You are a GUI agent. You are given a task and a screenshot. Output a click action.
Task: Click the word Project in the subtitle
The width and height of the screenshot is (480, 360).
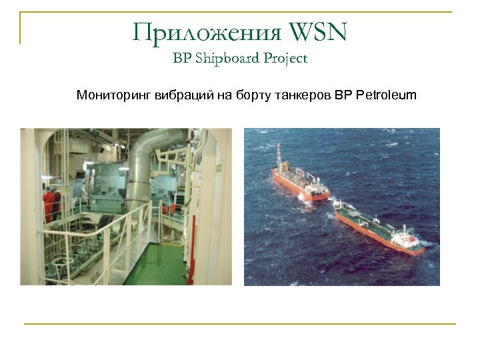tap(285, 59)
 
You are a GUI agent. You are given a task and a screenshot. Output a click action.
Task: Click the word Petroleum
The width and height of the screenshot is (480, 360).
tap(387, 95)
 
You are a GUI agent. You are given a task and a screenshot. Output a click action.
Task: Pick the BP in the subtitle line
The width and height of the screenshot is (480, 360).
tap(181, 59)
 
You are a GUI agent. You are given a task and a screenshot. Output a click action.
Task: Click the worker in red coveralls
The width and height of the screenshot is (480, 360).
tap(49, 203)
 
